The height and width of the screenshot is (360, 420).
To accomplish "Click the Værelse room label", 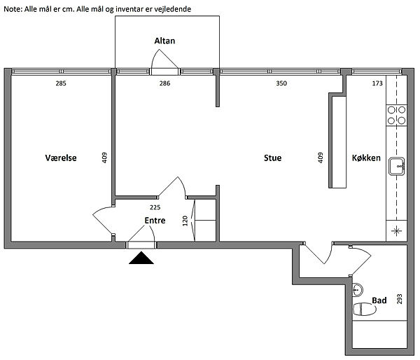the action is pos(61,158).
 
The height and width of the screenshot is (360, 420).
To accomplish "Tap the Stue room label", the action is pos(273,158).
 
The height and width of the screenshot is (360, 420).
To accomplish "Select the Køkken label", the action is pos(366,158).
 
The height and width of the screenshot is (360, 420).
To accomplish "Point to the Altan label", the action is pos(164,41).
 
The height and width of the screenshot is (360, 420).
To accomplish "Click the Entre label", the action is pos(155,221).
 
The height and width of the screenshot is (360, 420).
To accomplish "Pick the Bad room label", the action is pos(379,300).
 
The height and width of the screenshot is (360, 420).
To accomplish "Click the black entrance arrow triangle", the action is pos(141,258).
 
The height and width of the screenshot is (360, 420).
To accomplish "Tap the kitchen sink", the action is pos(397,167).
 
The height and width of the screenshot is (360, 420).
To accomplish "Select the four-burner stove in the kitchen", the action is pos(396,116).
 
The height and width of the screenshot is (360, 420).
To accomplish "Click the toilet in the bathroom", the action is pos(365,309).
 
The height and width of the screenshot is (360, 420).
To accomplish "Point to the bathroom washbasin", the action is pos(358,290).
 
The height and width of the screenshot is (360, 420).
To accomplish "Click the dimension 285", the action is pos(61,83).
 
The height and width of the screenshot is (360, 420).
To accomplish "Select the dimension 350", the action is pos(281,83).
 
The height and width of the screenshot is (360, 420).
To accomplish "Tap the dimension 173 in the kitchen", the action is pos(377,83).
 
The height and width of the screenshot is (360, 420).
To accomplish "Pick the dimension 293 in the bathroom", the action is pos(400,299).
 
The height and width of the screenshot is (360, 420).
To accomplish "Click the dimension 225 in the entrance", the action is pos(155,207).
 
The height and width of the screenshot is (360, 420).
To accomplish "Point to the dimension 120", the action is pos(185,221).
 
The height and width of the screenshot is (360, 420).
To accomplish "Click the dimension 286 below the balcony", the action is pos(164,83).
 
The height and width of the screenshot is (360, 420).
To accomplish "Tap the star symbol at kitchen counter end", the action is pos(396,230).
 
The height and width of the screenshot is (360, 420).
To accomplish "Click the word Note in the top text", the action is pos(13,9).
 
